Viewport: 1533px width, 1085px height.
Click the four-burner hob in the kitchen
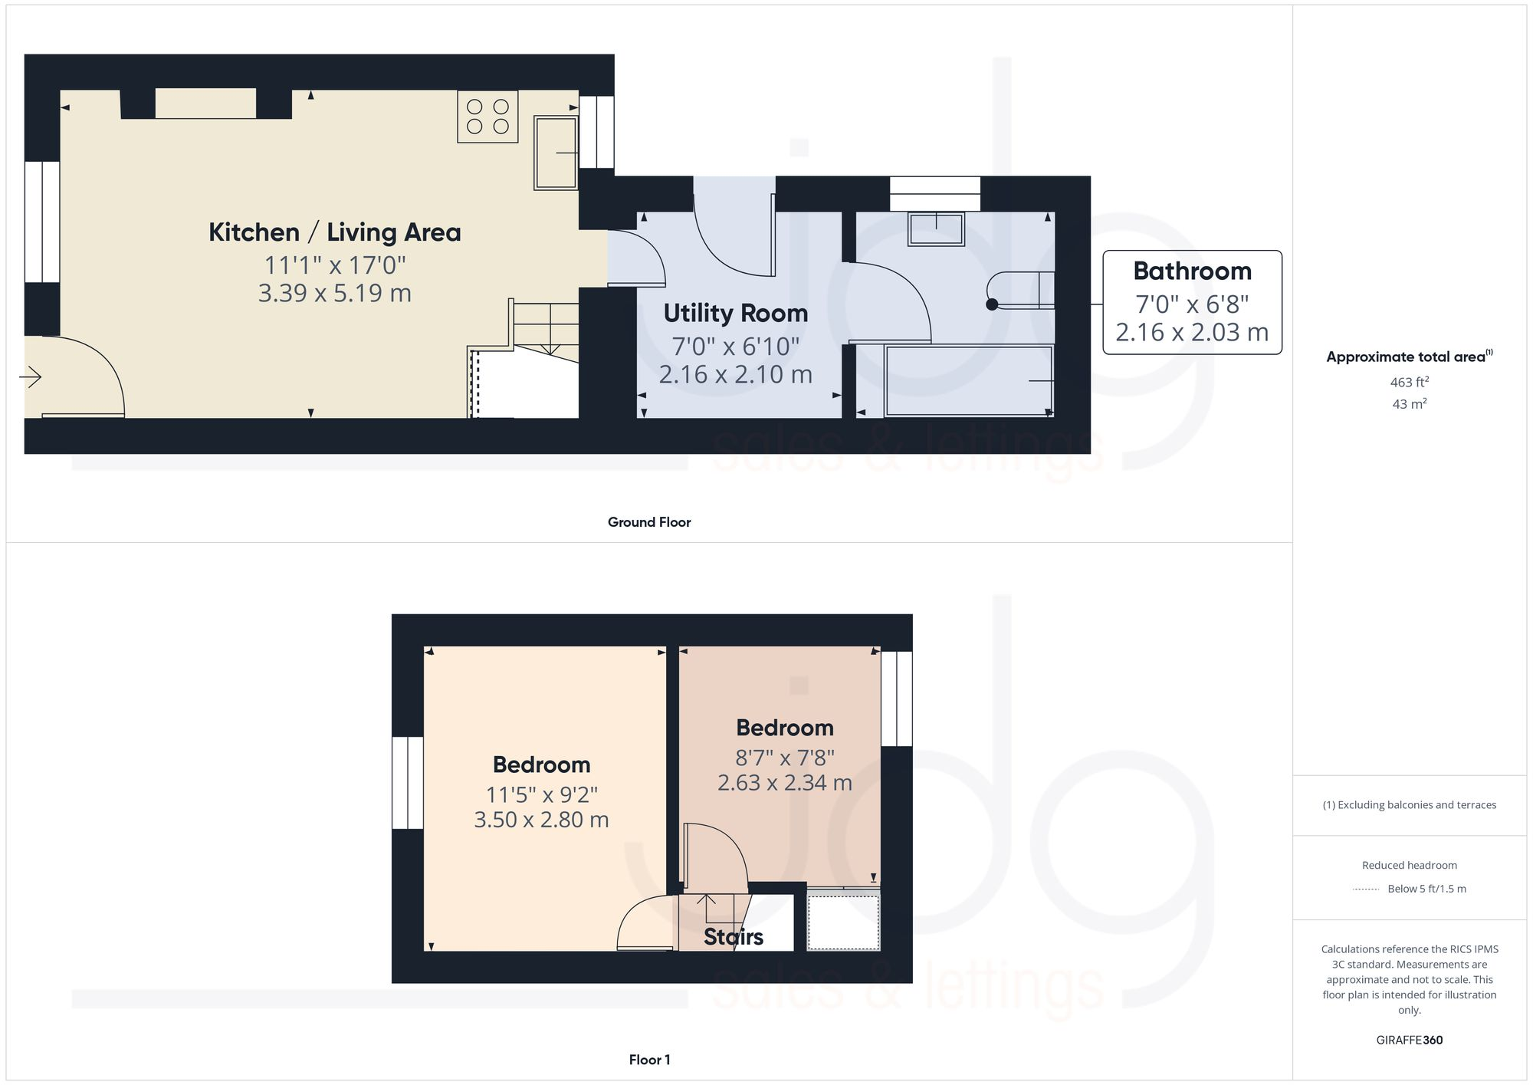click(x=487, y=117)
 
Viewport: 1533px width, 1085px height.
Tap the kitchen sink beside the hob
click(x=556, y=153)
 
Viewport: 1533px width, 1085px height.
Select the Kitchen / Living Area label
click(x=335, y=232)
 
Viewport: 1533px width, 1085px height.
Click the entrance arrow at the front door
click(x=30, y=376)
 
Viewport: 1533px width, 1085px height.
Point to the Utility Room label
click(x=735, y=313)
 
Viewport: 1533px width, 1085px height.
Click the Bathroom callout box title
click(x=1192, y=271)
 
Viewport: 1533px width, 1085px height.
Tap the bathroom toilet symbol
click(x=1019, y=291)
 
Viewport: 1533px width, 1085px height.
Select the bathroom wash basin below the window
click(x=936, y=229)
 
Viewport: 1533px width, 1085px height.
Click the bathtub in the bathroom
click(x=969, y=381)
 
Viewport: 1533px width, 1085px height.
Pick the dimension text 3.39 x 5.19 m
click(x=335, y=293)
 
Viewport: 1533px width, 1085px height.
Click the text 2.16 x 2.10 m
click(x=735, y=374)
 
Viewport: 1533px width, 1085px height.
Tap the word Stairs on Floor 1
click(x=734, y=937)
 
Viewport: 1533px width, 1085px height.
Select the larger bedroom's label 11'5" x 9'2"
click(x=541, y=794)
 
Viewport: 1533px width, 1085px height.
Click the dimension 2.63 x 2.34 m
click(x=784, y=783)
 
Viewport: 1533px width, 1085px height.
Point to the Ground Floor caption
click(x=649, y=522)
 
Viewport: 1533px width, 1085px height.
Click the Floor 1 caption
click(x=649, y=1060)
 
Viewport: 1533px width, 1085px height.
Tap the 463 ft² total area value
click(x=1409, y=382)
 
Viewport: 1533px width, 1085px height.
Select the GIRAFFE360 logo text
click(x=1409, y=1041)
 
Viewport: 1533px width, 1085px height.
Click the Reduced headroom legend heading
click(x=1409, y=865)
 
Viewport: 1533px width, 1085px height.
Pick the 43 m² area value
click(x=1409, y=404)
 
